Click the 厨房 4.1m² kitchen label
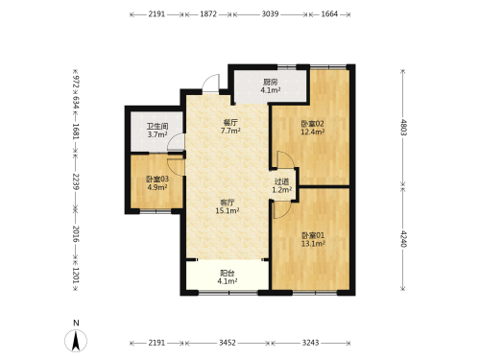(271, 86)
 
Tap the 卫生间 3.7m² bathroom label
(157, 131)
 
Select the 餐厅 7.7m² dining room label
(230, 127)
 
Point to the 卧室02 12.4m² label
(312, 128)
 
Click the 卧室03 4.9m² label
(157, 183)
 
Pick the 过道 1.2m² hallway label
(281, 185)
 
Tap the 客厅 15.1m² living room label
(228, 206)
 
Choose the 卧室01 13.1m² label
(313, 239)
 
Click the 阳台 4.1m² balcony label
(228, 277)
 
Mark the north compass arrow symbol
(76, 341)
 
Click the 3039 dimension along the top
(270, 14)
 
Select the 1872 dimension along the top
(208, 14)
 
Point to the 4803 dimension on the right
(403, 128)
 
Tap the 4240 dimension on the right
(403, 239)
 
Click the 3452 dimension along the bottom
(228, 343)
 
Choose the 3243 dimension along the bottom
(310, 343)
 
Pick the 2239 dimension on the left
(76, 181)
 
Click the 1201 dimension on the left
(76, 275)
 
